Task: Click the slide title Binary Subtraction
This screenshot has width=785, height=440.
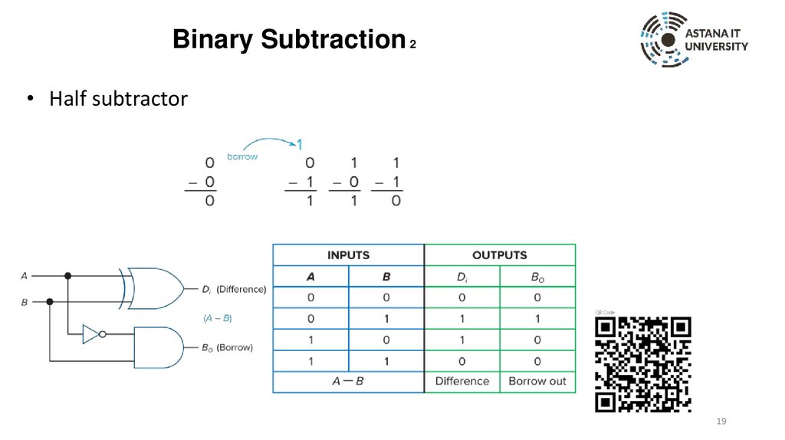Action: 288,39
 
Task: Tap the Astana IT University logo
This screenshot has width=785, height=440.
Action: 694,40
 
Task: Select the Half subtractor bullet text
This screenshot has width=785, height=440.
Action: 118,99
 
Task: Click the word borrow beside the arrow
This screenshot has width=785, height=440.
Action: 242,156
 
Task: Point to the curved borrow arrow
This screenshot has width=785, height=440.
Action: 268,143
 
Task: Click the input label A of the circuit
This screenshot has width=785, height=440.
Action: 24,276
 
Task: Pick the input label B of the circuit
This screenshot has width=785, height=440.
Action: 24,303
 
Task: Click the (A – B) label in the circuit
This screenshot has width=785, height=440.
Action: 218,317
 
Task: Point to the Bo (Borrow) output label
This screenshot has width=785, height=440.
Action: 227,347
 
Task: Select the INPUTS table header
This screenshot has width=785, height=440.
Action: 348,255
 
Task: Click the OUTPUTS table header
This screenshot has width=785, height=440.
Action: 499,255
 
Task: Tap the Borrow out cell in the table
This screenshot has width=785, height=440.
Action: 537,381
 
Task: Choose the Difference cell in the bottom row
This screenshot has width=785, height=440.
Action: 461,381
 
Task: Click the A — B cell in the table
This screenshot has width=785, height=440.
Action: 348,381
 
